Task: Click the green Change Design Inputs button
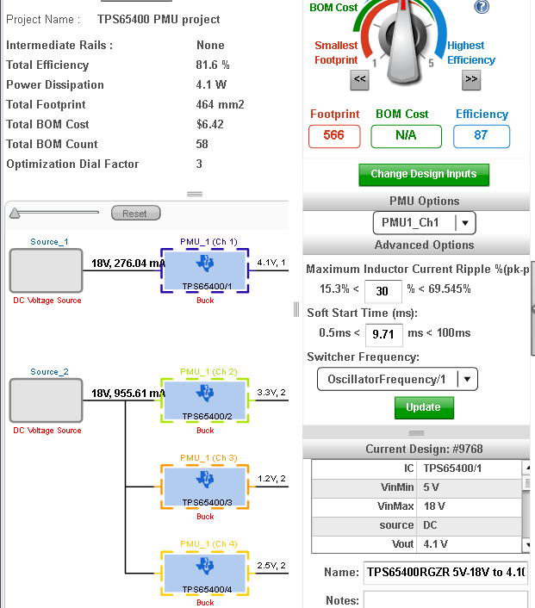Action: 424,175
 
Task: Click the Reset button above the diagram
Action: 136,214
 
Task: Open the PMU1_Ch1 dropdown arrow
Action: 465,223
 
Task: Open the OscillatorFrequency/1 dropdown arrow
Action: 467,379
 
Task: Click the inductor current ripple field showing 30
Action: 383,291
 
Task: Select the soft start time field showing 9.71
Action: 383,334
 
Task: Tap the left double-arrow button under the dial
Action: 359,80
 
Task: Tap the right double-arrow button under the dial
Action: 471,80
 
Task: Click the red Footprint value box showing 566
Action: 334,136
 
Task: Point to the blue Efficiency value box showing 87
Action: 482,136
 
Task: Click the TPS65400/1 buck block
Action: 205,270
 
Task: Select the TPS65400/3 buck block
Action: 205,487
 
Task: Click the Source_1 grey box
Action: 47,270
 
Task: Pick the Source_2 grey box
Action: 47,400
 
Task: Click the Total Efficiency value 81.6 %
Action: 213,65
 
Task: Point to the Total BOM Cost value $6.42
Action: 210,124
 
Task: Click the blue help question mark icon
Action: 482,6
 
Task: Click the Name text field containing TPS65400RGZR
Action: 445,573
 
